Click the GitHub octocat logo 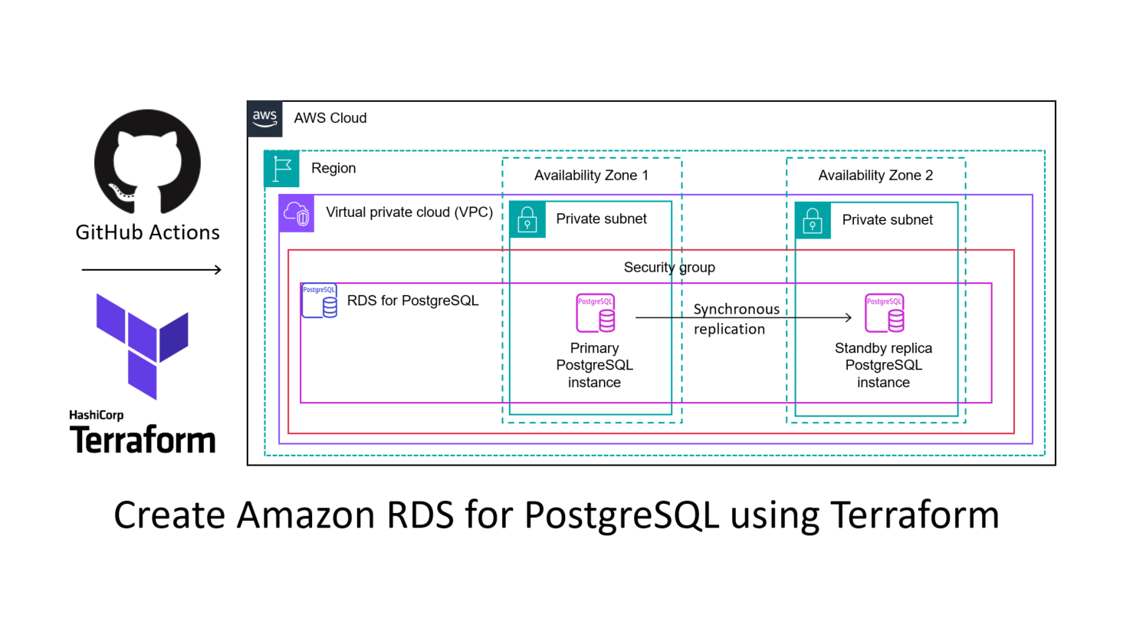(147, 162)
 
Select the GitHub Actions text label (147, 232)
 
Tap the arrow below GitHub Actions (151, 269)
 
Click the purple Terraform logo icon (143, 346)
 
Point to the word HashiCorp (96, 415)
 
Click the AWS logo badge (264, 118)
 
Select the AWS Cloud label (330, 118)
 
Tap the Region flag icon (281, 169)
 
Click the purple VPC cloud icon (297, 213)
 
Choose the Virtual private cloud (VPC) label (409, 212)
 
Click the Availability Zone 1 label (591, 176)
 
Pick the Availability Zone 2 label (875, 176)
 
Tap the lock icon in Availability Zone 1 (527, 219)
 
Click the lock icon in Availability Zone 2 (813, 220)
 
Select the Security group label (669, 268)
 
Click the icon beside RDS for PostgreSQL (320, 301)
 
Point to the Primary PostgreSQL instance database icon (596, 313)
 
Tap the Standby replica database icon (885, 313)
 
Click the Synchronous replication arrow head (849, 317)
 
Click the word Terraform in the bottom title (915, 515)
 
